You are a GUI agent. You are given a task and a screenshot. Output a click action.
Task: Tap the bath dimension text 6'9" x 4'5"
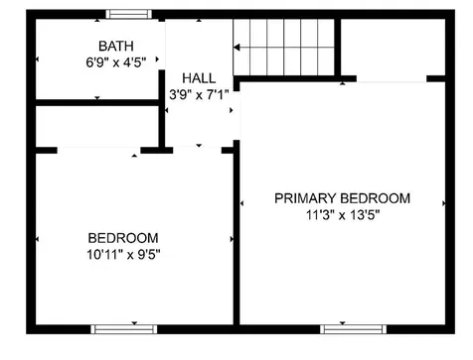click(115, 61)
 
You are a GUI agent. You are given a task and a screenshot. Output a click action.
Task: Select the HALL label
click(199, 79)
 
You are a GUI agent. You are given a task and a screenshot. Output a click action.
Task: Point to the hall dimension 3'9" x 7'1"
click(199, 95)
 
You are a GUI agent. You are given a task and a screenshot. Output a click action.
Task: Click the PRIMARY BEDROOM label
click(341, 198)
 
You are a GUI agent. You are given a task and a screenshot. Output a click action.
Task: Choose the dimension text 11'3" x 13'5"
click(341, 214)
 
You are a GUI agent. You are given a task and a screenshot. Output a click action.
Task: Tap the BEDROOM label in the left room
click(122, 237)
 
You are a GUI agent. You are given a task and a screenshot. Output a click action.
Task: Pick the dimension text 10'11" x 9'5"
click(122, 253)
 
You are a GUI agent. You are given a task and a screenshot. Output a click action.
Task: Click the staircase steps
click(283, 45)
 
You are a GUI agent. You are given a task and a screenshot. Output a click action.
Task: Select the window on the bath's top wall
click(129, 14)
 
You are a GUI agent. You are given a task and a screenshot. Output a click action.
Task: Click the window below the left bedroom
click(123, 328)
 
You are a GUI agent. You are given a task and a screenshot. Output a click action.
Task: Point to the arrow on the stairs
click(238, 45)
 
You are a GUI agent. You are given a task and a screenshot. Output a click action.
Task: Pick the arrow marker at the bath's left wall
click(39, 60)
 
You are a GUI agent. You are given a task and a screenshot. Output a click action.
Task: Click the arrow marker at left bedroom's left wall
click(39, 239)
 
